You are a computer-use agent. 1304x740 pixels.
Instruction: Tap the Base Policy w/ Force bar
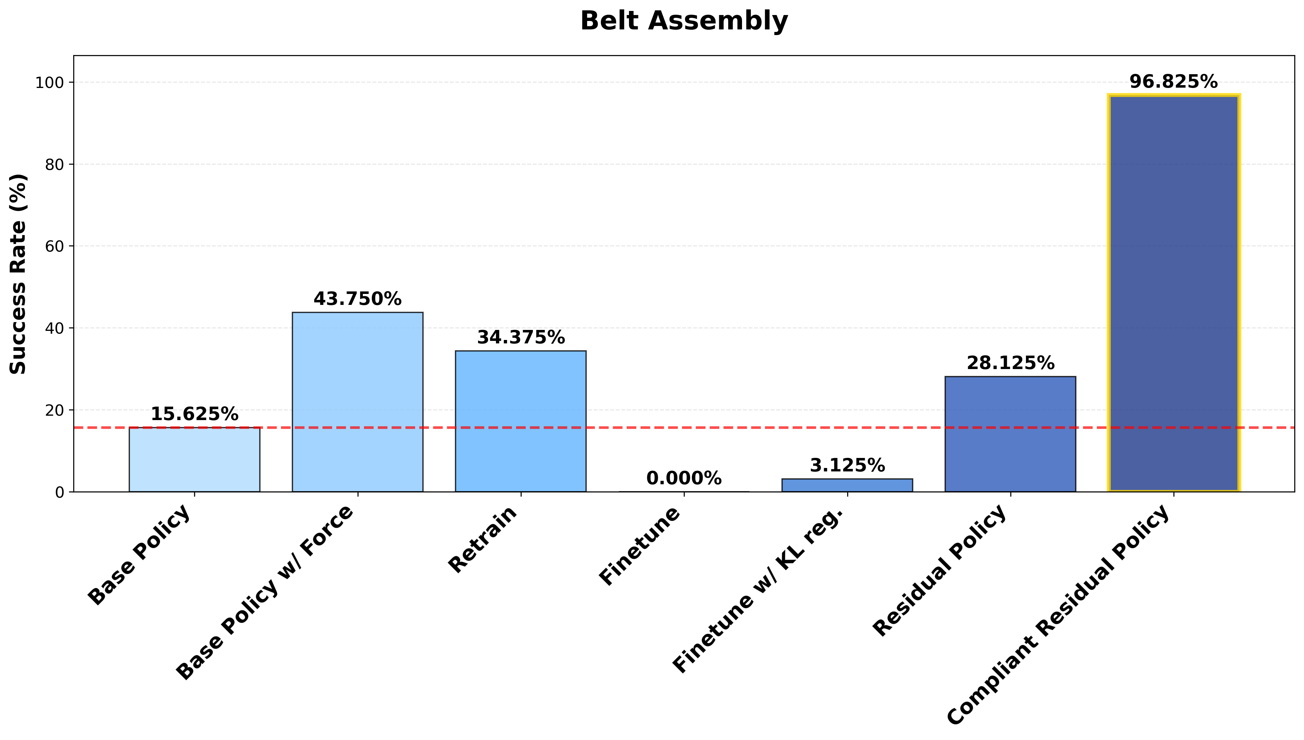tap(357, 402)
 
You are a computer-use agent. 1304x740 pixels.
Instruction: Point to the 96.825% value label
tap(1173, 82)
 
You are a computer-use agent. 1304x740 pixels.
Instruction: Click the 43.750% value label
tap(357, 299)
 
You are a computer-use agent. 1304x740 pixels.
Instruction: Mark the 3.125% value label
tap(847, 465)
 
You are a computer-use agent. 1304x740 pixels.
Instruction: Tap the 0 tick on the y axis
tap(60, 492)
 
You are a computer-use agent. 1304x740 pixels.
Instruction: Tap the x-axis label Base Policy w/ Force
tap(265, 592)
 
